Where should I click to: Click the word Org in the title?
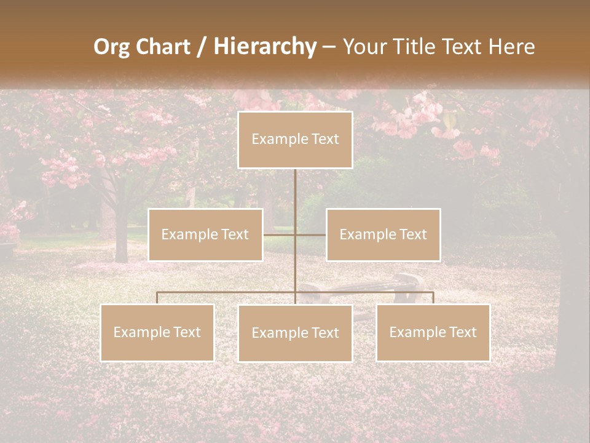(x=112, y=47)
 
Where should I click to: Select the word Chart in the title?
(x=161, y=47)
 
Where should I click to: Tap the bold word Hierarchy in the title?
(x=265, y=47)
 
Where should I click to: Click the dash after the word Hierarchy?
(x=329, y=47)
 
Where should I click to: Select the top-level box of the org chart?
(x=295, y=140)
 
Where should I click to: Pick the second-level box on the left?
(x=205, y=234)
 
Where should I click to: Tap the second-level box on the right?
(x=383, y=234)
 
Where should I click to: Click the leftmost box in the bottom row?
(x=157, y=332)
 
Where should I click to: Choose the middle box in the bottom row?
(x=295, y=333)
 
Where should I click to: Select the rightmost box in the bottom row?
(x=433, y=332)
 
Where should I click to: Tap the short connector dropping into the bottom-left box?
(x=157, y=298)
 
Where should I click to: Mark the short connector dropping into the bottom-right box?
(x=433, y=298)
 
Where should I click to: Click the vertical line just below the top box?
(x=295, y=185)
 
